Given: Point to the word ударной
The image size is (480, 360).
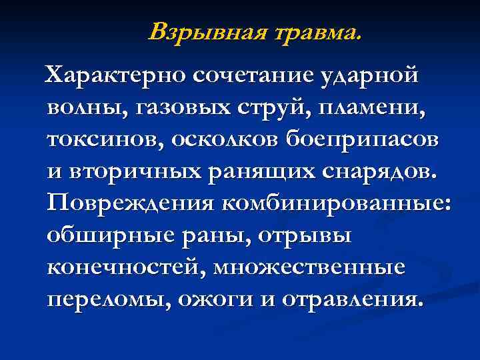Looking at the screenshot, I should click(x=378, y=76).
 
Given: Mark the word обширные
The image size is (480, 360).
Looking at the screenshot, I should click(x=107, y=235).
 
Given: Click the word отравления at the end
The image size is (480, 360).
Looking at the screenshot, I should click(x=349, y=299).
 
